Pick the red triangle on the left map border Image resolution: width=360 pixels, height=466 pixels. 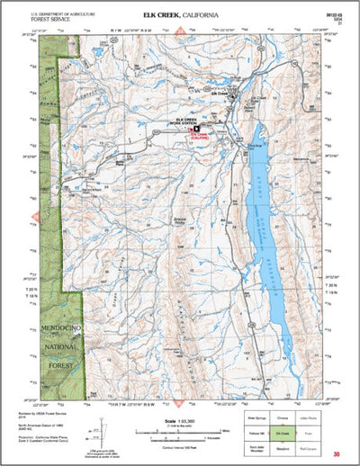(36, 216)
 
